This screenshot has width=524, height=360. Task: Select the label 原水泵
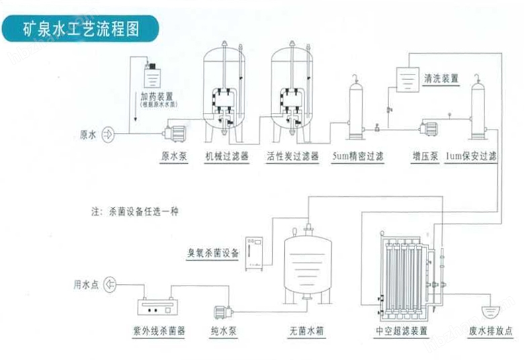(x=173, y=157)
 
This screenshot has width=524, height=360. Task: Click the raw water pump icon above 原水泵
(x=173, y=132)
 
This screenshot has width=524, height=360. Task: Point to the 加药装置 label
(x=156, y=97)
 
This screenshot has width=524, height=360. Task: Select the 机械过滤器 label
(x=227, y=157)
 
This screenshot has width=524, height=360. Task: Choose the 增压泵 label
(x=425, y=157)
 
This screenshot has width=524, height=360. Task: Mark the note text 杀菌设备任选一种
(x=144, y=211)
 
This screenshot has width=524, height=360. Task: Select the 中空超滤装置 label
(x=402, y=330)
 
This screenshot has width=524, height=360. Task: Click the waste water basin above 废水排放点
(x=492, y=311)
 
